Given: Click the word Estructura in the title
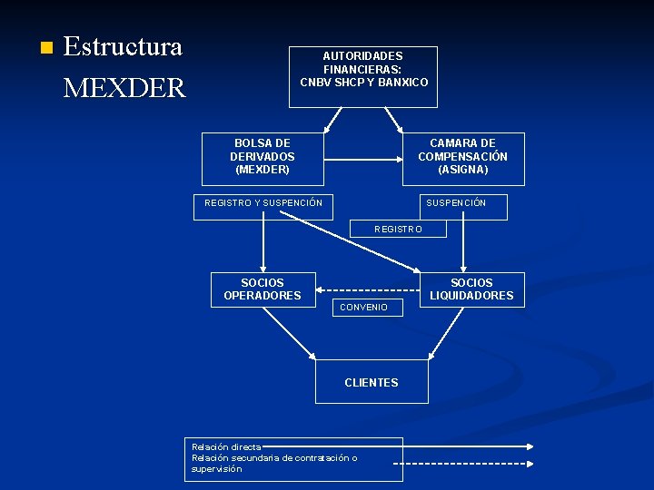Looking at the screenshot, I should tap(123, 46).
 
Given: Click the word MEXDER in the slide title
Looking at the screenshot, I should tap(124, 88).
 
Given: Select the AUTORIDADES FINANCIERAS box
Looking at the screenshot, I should tap(363, 76).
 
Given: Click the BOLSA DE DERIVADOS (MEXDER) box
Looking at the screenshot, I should tap(263, 156).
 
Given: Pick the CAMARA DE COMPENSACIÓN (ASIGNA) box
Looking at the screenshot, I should tap(463, 158).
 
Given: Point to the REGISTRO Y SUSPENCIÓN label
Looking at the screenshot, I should tap(263, 203).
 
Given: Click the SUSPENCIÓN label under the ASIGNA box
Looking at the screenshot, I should tap(456, 203).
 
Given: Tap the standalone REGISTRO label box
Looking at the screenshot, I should tap(399, 230).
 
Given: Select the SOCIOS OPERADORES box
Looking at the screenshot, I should tap(263, 289).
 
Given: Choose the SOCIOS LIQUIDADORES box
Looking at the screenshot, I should tap(471, 289).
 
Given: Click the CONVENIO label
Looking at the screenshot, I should tap(363, 308).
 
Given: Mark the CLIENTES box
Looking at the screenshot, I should tap(371, 382).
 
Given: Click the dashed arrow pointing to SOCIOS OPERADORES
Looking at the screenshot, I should tap(363, 282).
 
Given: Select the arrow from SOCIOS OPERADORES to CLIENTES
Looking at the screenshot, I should tap(285, 331).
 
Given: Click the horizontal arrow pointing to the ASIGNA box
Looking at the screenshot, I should tap(363, 160).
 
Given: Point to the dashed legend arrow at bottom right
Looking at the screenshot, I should tap(463, 463).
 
